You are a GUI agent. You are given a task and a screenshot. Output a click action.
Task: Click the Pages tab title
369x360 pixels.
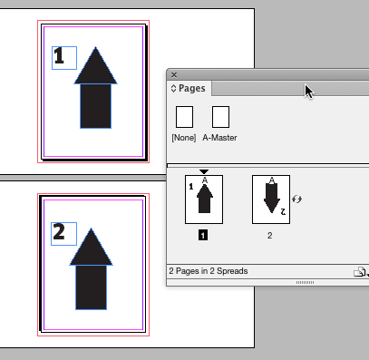point(191,89)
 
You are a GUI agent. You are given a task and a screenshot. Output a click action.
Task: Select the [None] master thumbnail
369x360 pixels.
point(184,117)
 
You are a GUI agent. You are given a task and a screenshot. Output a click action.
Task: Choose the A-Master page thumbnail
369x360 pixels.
point(220,117)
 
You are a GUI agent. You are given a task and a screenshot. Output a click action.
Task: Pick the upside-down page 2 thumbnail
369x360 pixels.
point(270,198)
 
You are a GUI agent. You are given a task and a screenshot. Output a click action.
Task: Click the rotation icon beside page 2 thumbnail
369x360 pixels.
point(296,197)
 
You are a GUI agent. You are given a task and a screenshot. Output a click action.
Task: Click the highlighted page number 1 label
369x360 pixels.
point(203,234)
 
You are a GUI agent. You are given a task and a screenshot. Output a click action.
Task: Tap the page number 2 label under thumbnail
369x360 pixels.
point(270,234)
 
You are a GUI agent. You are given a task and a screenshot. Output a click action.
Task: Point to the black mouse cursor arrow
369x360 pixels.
point(309,91)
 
